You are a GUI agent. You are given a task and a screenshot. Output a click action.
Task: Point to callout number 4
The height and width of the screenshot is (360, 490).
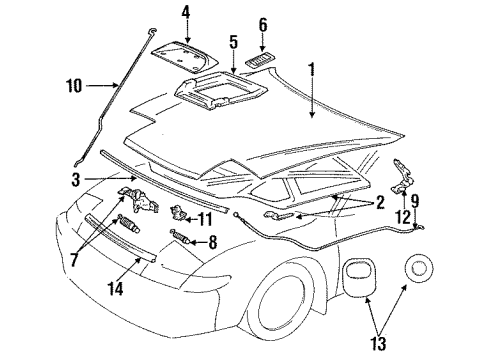pos(186,12)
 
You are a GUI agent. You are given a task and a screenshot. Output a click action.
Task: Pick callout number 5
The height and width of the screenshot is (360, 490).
pos(231,42)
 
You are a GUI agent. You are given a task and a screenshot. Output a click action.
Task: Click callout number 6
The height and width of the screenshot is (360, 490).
pos(263,24)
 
